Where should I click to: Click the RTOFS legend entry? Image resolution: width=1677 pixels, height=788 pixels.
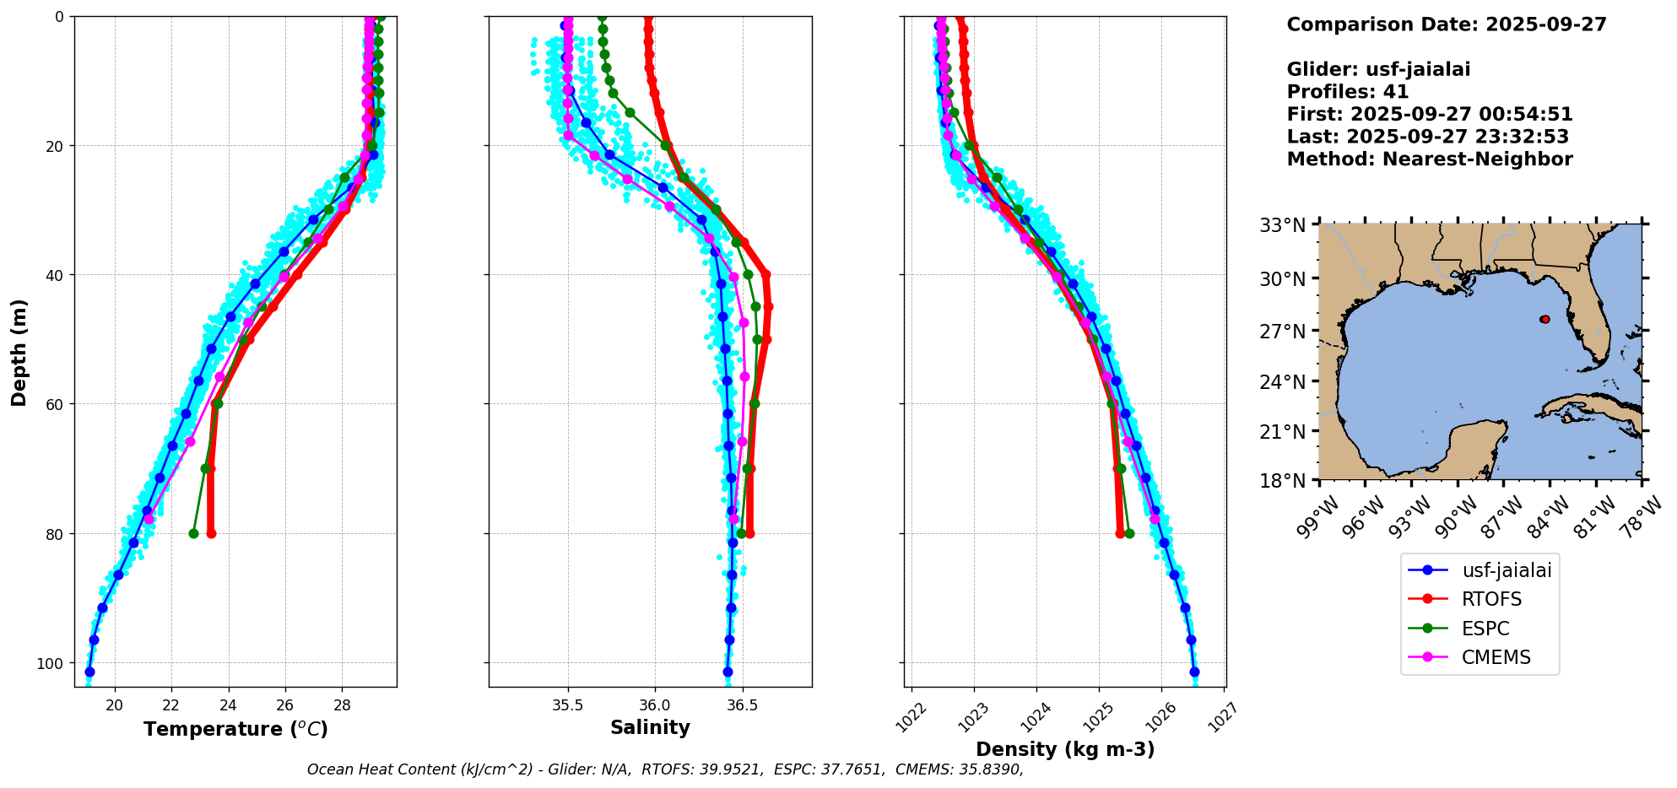pyautogui.click(x=1480, y=599)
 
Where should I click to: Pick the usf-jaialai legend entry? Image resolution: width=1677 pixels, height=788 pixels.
pyautogui.click(x=1480, y=570)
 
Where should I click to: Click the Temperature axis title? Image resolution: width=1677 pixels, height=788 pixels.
pyautogui.click(x=235, y=729)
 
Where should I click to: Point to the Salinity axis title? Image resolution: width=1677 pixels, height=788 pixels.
pyautogui.click(x=650, y=727)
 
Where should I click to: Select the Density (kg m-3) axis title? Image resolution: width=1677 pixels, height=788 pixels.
pyautogui.click(x=1065, y=749)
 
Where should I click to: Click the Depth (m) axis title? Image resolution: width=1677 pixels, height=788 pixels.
pyautogui.click(x=19, y=352)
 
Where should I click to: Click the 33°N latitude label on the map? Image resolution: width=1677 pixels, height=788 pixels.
pyautogui.click(x=1283, y=225)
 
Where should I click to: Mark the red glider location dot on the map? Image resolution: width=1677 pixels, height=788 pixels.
pyautogui.click(x=1544, y=319)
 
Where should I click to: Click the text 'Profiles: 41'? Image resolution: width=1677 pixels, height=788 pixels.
pyautogui.click(x=1348, y=92)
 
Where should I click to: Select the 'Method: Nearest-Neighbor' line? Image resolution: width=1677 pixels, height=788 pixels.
pyautogui.click(x=1430, y=159)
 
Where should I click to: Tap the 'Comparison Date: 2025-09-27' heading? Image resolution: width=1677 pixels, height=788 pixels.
pyautogui.click(x=1447, y=24)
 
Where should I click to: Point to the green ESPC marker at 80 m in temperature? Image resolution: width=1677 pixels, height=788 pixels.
pyautogui.click(x=193, y=533)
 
